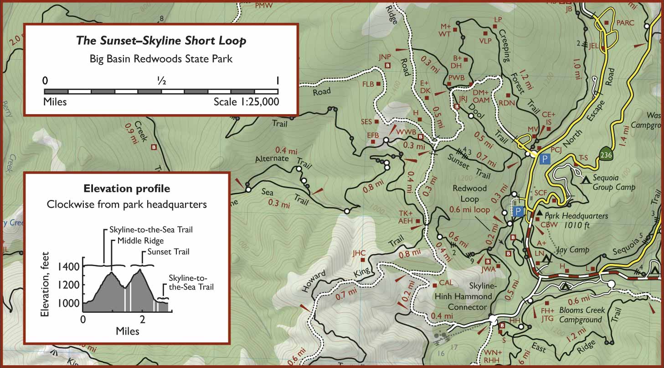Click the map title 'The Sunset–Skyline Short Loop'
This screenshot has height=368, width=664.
pyautogui.click(x=161, y=41)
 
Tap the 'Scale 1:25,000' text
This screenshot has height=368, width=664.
pyautogui.click(x=246, y=102)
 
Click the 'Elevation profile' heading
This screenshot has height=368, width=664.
pyautogui.click(x=127, y=189)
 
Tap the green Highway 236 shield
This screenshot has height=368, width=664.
pyautogui.click(x=605, y=155)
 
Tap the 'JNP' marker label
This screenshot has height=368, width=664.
pyautogui.click(x=385, y=57)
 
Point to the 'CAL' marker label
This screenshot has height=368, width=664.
pyautogui.click(x=446, y=283)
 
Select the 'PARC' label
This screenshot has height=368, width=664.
pyautogui.click(x=622, y=22)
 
